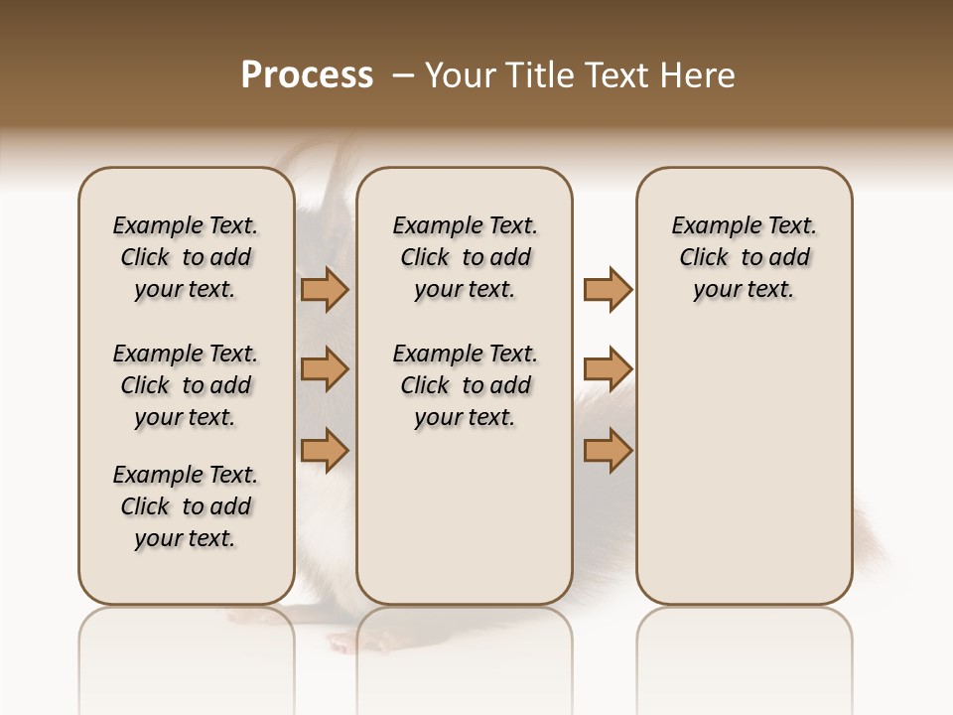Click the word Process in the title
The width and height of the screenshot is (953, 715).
[x=307, y=75]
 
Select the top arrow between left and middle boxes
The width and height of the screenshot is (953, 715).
[x=325, y=289]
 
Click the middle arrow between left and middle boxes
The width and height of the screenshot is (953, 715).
[x=325, y=369]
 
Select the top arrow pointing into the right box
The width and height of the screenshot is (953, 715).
[x=608, y=289]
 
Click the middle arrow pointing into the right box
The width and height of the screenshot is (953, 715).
[x=608, y=369]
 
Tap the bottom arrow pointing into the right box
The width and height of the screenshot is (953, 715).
[x=608, y=450]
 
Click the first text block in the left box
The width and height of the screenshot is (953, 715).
[x=186, y=257]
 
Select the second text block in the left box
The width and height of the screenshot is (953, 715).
[x=186, y=385]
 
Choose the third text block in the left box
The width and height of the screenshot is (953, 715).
[x=186, y=506]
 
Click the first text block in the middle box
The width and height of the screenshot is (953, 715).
[x=465, y=257]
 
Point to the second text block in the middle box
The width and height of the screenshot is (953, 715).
[x=465, y=385]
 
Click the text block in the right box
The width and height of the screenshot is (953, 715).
[x=745, y=257]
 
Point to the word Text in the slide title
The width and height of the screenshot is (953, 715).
[x=613, y=75]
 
